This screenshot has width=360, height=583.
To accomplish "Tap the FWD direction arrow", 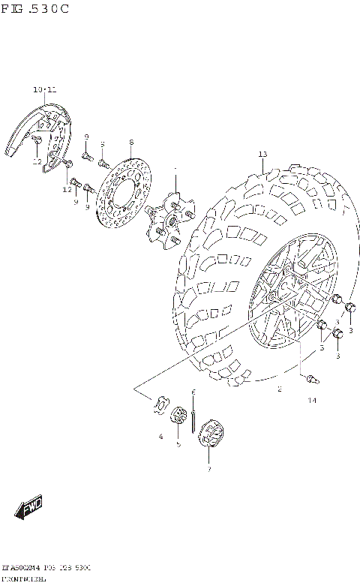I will (x=31, y=509).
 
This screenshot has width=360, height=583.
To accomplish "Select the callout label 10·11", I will (x=44, y=89).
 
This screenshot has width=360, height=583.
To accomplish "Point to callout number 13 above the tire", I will (x=262, y=155).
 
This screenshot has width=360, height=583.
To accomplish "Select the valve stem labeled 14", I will (x=308, y=380).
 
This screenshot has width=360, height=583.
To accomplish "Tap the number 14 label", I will (x=311, y=400).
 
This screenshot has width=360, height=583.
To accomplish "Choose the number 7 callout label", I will (x=209, y=470).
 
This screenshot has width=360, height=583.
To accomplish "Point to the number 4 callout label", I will (x=160, y=436).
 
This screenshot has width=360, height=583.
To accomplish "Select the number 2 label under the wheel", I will (x=279, y=389).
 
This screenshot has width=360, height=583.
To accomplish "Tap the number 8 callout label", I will (x=130, y=142).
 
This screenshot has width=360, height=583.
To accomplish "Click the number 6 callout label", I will (x=193, y=392).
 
